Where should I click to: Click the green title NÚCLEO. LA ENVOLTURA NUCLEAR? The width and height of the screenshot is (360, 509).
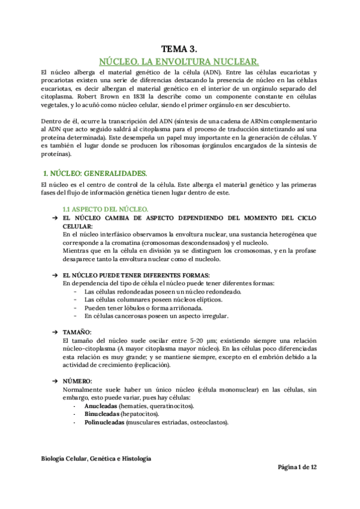point(179,61)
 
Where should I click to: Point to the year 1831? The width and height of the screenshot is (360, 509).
point(133,95)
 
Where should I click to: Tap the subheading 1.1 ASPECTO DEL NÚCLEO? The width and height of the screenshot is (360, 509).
point(102,208)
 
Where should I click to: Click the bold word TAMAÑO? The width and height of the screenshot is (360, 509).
point(77,332)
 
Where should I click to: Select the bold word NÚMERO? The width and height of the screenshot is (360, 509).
point(77,381)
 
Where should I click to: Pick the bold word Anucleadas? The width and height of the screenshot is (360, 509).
point(101,406)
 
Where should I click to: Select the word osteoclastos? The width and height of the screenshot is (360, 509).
point(205,422)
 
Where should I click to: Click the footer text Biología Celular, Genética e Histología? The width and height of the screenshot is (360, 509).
point(96,458)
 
